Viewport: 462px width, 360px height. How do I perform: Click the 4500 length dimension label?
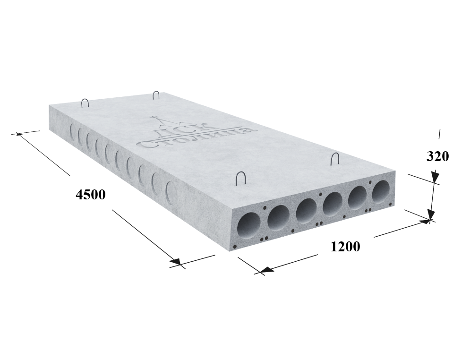(90, 195)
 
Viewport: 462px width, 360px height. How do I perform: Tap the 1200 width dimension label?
(345, 247)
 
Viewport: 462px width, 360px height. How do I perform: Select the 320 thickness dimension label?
(437, 156)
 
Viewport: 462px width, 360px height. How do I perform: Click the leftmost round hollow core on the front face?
(249, 225)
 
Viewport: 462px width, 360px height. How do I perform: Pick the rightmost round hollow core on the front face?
(380, 191)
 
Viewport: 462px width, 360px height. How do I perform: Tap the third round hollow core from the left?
(306, 210)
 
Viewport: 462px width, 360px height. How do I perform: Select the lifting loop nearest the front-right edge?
(335, 159)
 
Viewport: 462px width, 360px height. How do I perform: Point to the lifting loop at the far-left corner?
(85, 103)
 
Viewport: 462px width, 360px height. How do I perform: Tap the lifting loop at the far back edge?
(156, 95)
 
